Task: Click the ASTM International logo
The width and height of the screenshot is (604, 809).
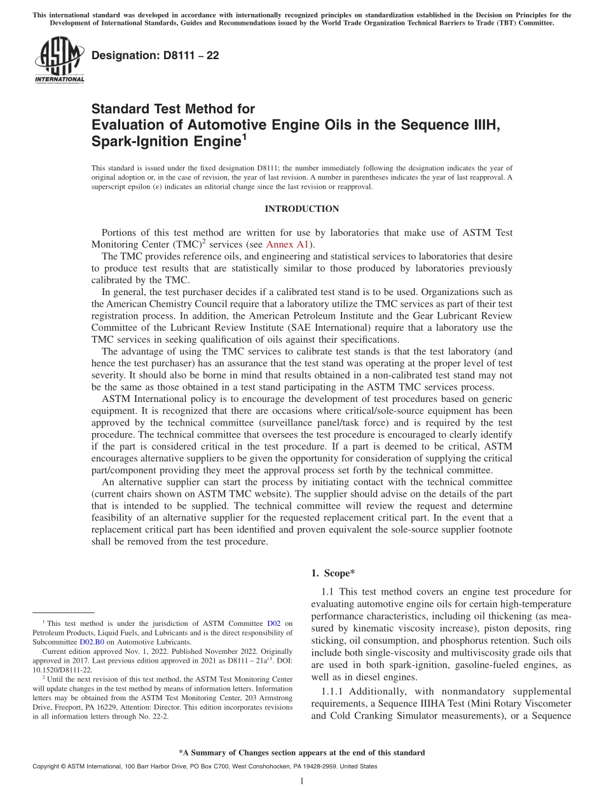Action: pyautogui.click(x=58, y=60)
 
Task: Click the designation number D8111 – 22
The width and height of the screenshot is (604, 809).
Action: pyautogui.click(x=155, y=55)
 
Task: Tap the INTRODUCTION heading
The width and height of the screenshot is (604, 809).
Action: pyautogui.click(x=301, y=209)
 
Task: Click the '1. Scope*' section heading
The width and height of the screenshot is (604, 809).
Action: pyautogui.click(x=333, y=573)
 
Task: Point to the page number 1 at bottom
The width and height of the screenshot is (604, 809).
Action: pyautogui.click(x=301, y=781)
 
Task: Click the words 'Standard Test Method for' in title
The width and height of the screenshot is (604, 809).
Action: pyautogui.click(x=174, y=109)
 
